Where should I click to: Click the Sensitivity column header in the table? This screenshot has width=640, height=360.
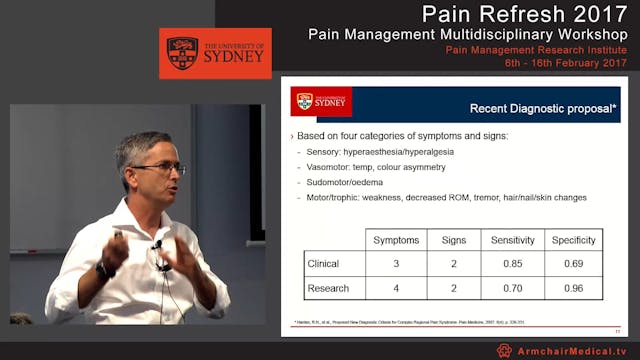[512, 240]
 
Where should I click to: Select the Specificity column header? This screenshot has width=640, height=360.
[574, 240]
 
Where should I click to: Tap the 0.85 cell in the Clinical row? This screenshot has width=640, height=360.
[512, 264]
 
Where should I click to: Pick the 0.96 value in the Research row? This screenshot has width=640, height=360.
[574, 289]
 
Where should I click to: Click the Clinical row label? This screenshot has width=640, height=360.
[325, 264]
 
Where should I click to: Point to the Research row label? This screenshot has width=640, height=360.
[329, 289]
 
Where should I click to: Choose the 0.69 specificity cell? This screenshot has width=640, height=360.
[574, 264]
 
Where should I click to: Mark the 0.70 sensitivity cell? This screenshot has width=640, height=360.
[512, 289]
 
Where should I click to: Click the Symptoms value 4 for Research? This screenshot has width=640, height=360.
[396, 289]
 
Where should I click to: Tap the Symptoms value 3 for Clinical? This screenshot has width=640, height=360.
[396, 264]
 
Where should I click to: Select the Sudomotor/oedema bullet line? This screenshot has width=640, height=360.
[346, 182]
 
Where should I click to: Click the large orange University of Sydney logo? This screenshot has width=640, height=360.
[214, 53]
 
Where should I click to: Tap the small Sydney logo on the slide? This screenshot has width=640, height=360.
[320, 101]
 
